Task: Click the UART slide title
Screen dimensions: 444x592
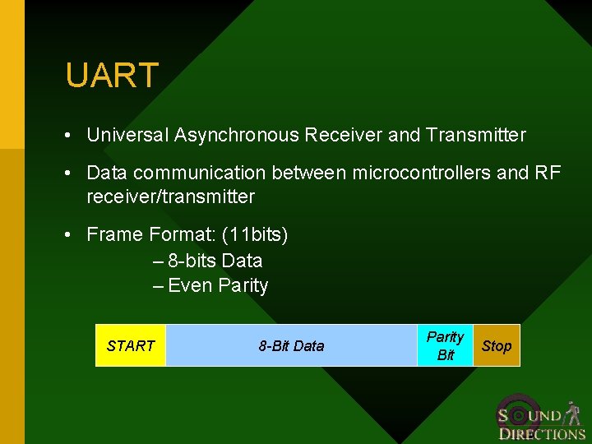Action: (111, 76)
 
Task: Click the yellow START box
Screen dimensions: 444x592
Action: (131, 345)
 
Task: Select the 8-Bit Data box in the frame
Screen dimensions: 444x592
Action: (291, 345)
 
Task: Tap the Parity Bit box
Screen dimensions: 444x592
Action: (445, 345)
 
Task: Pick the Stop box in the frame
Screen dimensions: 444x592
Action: (496, 345)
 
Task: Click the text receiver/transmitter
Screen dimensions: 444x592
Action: (170, 197)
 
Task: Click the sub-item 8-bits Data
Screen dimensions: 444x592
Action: (215, 261)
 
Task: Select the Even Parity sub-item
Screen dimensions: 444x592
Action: (218, 286)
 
